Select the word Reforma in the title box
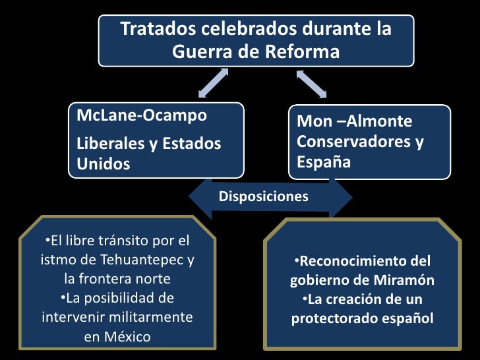point(305,51)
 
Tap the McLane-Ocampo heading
point(142,116)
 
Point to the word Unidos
point(104,164)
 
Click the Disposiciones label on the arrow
point(263,196)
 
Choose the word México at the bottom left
point(127,337)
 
